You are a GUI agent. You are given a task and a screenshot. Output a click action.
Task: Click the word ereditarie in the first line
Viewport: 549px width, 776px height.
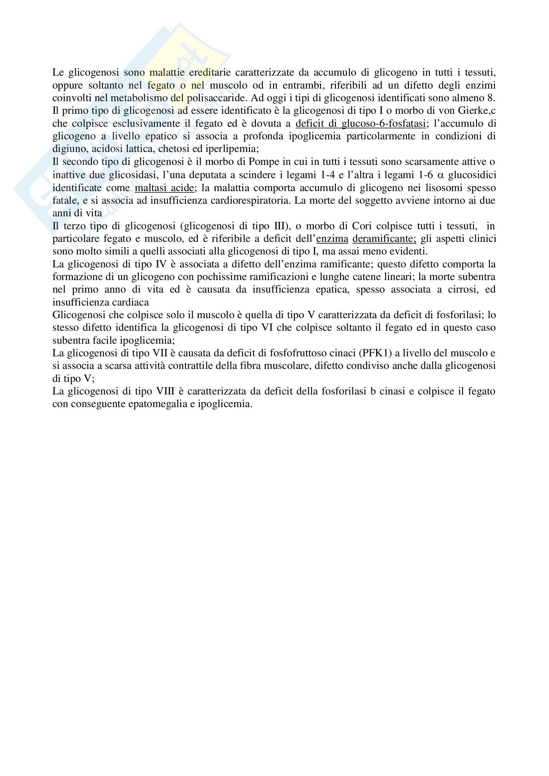[209, 73]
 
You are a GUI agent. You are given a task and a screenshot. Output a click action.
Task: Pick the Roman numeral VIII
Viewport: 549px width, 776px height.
[165, 391]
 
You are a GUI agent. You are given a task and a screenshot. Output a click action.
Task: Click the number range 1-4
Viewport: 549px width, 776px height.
[328, 175]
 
